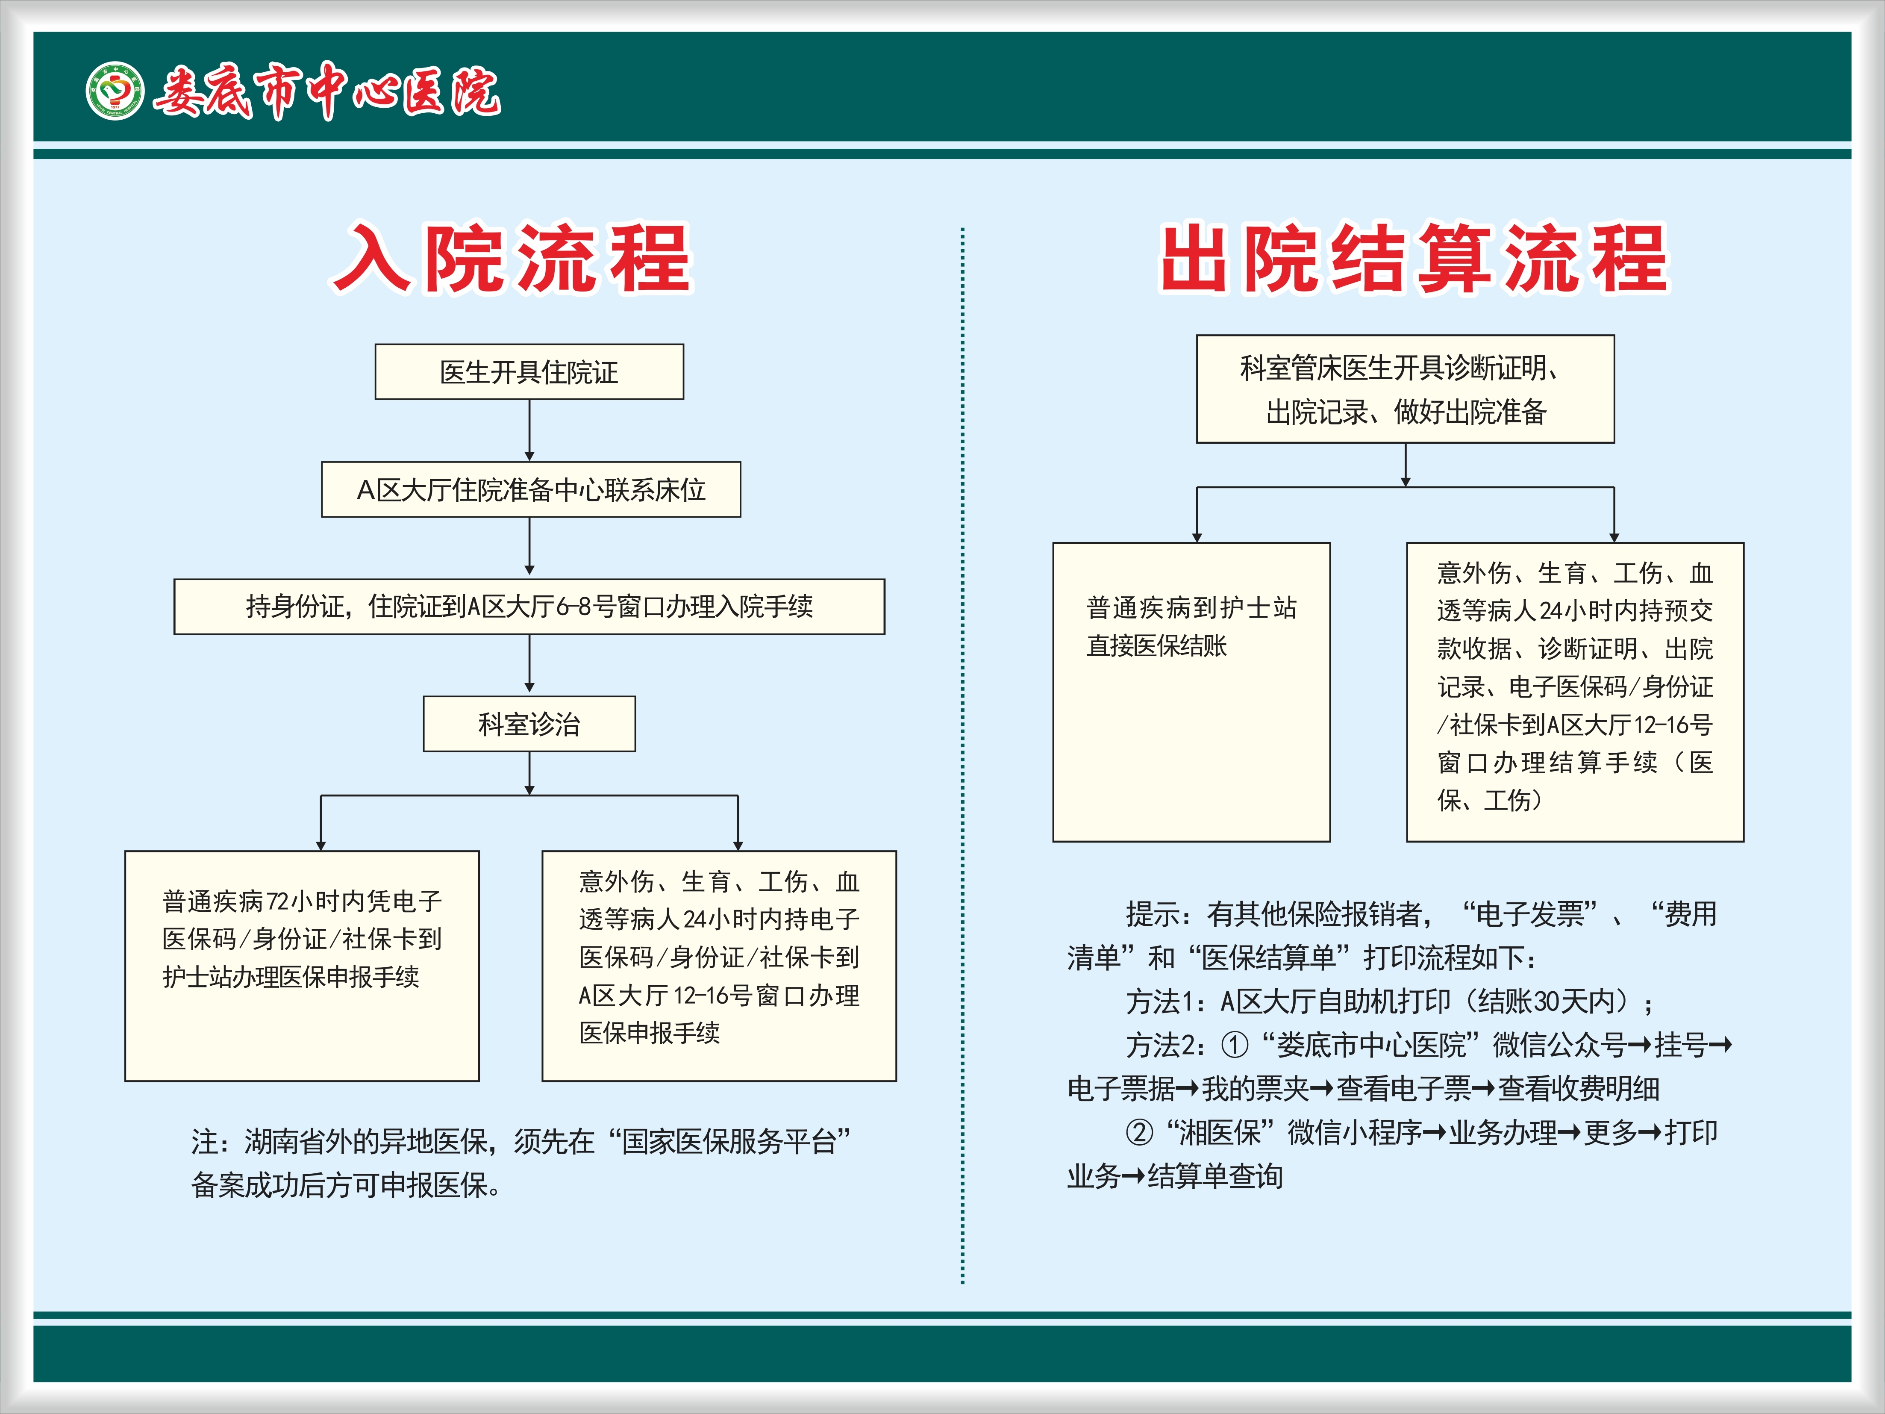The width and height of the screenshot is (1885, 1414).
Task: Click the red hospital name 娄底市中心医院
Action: (x=326, y=90)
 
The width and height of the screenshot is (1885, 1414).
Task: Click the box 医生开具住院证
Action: (x=529, y=371)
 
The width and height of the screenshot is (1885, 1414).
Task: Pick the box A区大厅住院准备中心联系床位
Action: (x=531, y=489)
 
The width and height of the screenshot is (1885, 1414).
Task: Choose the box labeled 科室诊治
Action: (x=529, y=724)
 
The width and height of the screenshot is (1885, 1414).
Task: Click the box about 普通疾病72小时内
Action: (x=302, y=966)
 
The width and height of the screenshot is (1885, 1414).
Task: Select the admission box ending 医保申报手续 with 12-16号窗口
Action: (x=719, y=966)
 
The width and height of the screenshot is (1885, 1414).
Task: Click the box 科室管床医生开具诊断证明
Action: (x=1405, y=389)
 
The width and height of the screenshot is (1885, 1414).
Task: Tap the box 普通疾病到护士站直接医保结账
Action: (x=1191, y=692)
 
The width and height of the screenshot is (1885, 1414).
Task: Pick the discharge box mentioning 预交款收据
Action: (x=1575, y=692)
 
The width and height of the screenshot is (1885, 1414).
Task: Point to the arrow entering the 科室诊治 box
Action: (x=529, y=664)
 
